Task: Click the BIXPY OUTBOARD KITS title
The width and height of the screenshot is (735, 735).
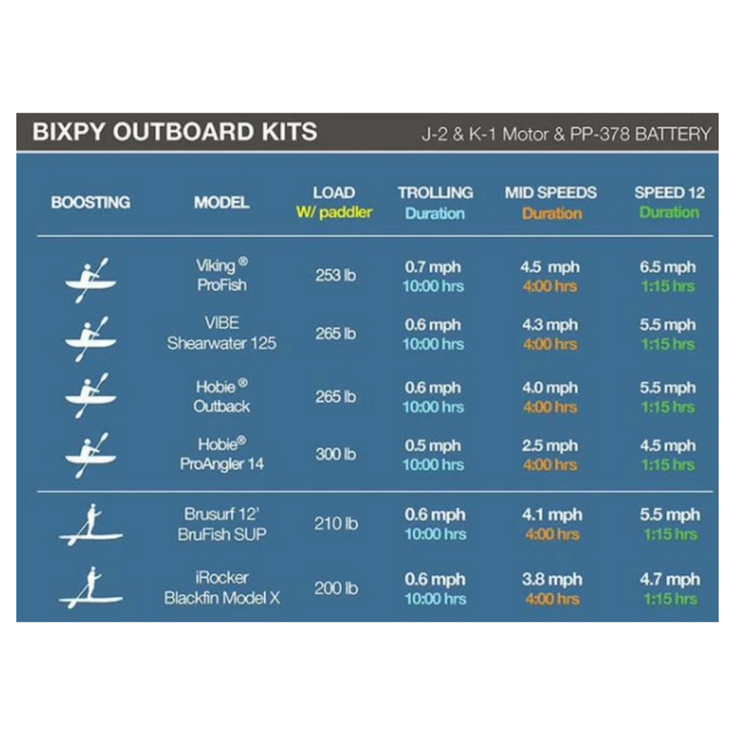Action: (x=174, y=132)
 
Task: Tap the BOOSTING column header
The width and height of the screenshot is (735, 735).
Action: (x=90, y=202)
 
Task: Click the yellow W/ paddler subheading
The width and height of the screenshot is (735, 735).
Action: (x=334, y=213)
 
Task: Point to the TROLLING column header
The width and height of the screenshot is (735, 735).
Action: (x=435, y=192)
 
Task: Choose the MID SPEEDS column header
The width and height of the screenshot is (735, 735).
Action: (x=551, y=192)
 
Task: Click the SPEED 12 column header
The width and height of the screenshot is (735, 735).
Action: (x=669, y=192)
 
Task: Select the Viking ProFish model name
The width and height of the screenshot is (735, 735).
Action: (x=222, y=275)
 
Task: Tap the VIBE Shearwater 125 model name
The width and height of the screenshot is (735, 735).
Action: (x=222, y=333)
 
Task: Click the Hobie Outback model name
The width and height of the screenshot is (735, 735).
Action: (x=222, y=396)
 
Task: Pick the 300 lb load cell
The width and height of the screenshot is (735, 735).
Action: (x=335, y=454)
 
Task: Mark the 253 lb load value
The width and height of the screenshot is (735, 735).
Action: (x=335, y=276)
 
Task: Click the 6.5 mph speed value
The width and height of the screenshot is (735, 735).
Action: (x=668, y=267)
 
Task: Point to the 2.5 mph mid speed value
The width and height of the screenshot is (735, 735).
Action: (x=549, y=446)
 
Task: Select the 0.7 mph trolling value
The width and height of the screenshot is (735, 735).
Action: (x=432, y=267)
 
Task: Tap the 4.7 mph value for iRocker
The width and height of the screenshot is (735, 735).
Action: (x=669, y=579)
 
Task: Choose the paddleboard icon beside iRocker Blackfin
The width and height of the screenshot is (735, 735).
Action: (x=90, y=588)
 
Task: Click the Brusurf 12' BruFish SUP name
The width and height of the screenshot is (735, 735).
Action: (x=222, y=524)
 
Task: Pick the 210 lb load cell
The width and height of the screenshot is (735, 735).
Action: (x=335, y=524)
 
